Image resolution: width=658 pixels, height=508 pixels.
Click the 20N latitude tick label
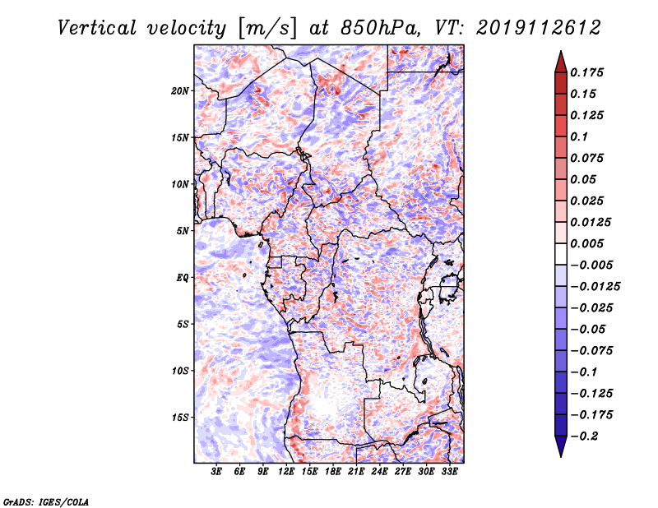[x=179, y=90]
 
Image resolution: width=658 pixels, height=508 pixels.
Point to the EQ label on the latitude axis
[x=183, y=278]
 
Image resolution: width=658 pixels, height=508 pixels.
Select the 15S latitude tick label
[x=179, y=418]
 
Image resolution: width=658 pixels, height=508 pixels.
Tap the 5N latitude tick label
[x=183, y=231]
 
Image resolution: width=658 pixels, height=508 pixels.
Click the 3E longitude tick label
[x=216, y=472]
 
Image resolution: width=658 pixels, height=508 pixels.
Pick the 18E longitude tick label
[x=333, y=472]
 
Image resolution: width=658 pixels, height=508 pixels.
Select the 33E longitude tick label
[x=449, y=472]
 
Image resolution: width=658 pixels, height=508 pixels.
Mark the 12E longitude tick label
[x=286, y=472]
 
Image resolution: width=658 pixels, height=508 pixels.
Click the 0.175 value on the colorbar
[x=586, y=72]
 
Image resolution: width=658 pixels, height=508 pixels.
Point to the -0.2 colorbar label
[x=584, y=436]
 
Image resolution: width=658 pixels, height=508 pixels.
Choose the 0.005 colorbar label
[x=586, y=243]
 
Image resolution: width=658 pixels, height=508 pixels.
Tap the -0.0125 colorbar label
[x=595, y=287]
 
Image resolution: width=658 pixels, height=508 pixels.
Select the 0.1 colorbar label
[x=579, y=136]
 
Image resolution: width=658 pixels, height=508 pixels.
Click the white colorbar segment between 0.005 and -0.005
[x=561, y=254]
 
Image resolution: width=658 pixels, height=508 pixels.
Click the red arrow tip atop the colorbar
[x=561, y=52]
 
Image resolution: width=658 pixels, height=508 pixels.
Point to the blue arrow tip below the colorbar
[x=561, y=456]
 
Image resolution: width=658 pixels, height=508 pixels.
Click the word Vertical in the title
[x=97, y=28]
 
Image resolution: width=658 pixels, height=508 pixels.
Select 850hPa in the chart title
[x=380, y=28]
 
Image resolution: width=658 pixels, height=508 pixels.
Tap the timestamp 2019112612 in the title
[x=539, y=28]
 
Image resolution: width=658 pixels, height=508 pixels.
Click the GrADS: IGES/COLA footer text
[x=46, y=501]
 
